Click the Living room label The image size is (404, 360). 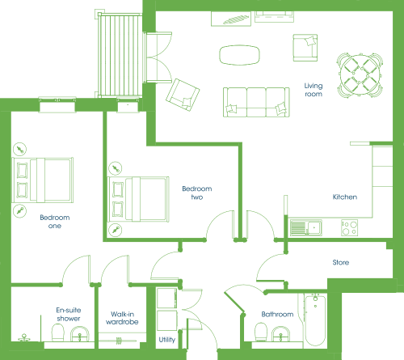coord(314,90)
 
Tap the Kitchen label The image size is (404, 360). coord(345,197)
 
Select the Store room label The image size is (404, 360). coord(341,262)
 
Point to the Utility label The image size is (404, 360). coord(167,340)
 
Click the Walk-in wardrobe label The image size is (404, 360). coord(122,318)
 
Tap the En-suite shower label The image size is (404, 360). coord(69,314)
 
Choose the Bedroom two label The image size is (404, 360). coord(197,193)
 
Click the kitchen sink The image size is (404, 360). coord(306,228)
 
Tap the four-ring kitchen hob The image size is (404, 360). coord(350,228)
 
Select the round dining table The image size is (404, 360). coord(360,75)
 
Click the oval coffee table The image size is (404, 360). coord(239,55)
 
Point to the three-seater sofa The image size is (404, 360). coord(256,102)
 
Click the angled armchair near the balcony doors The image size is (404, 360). coord(183,95)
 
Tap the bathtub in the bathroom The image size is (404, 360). coord(315,320)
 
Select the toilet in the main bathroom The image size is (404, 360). coord(261,332)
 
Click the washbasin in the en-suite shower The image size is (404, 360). coord(80,334)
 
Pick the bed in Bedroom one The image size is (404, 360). coord(43,180)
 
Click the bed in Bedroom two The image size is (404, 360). coord(138,199)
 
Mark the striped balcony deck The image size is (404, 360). coord(120,55)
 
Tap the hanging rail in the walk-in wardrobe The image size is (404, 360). coord(119,341)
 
